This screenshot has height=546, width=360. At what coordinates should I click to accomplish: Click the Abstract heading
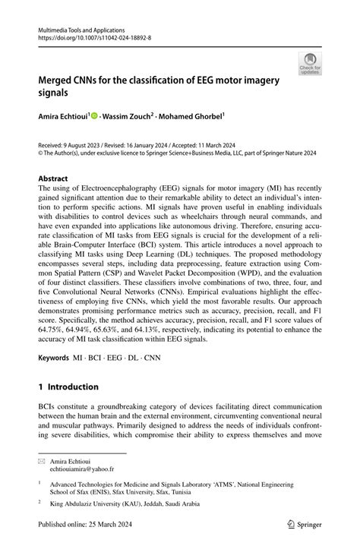[55, 179]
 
